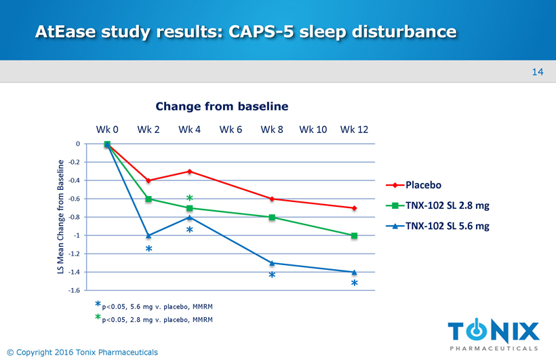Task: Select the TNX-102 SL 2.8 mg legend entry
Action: tap(447, 206)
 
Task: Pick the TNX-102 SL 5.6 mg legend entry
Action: tap(447, 226)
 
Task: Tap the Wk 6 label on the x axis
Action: tap(231, 129)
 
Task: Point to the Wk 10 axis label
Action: tap(313, 129)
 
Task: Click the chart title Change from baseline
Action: tap(222, 106)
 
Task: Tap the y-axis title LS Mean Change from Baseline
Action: tap(60, 217)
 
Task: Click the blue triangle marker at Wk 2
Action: tap(148, 235)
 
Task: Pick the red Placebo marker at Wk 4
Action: tap(190, 172)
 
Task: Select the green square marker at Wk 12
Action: tap(355, 235)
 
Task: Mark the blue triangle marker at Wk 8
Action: tap(272, 262)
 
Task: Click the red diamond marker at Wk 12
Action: tap(355, 208)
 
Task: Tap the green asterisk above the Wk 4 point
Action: tap(191, 199)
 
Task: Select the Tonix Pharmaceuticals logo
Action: tap(494, 336)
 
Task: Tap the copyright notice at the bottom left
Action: tap(81, 352)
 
